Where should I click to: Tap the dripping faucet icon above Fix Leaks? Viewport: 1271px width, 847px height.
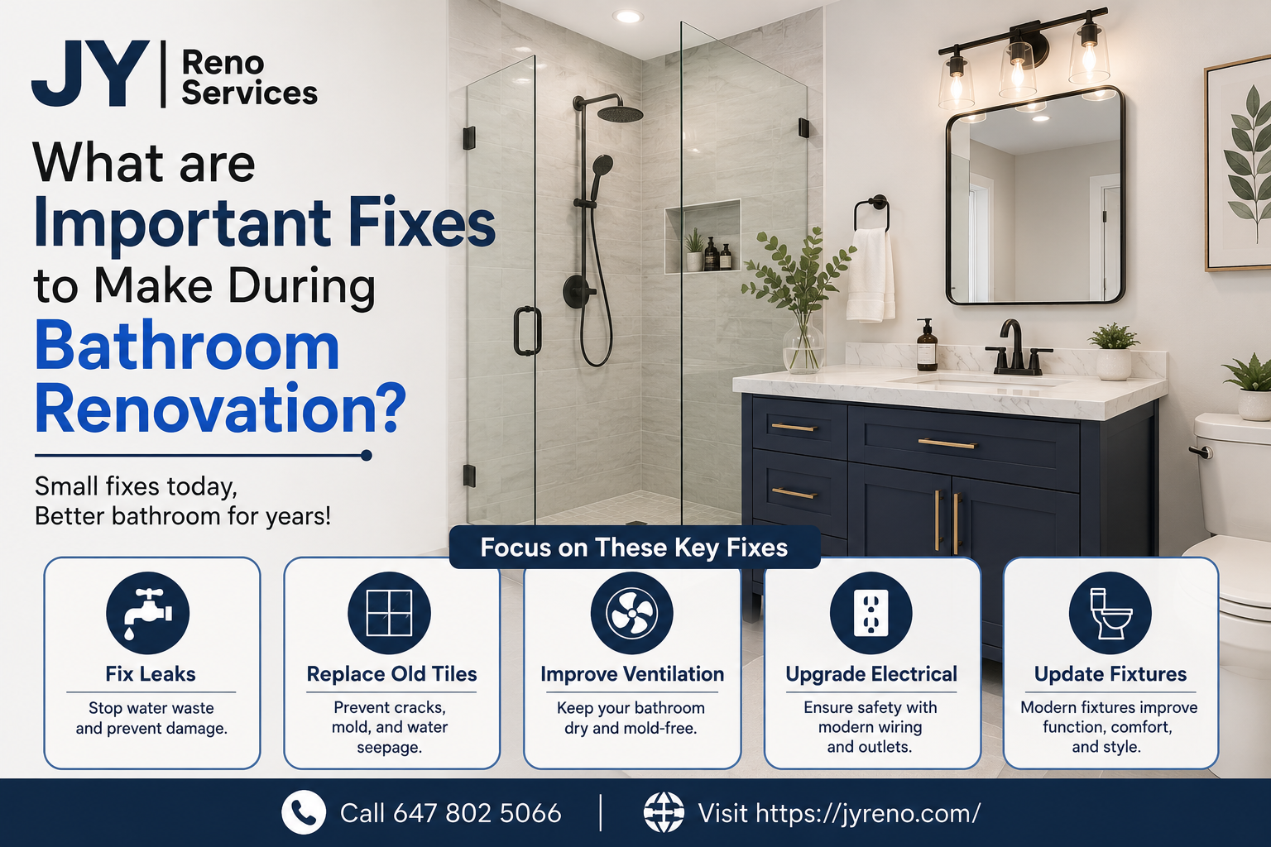tap(147, 613)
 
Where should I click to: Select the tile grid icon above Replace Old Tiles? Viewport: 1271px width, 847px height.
tap(389, 613)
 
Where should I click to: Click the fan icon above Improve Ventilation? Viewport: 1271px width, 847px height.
tap(631, 613)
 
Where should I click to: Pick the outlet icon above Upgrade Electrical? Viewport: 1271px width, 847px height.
tap(871, 613)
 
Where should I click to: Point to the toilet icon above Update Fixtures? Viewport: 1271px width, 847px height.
tap(1110, 613)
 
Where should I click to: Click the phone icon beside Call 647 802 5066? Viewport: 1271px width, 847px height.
tap(304, 812)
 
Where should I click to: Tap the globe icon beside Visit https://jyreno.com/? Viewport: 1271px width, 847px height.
tap(664, 812)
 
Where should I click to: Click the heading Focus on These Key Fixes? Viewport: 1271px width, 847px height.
tap(634, 548)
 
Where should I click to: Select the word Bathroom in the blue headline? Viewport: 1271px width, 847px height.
tap(187, 346)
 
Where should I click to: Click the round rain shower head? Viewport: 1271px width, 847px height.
tap(620, 113)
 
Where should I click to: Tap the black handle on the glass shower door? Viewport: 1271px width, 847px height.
tap(527, 331)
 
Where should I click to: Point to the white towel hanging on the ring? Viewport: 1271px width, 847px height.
tap(871, 275)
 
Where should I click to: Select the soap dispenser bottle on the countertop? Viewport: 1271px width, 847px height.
tap(927, 345)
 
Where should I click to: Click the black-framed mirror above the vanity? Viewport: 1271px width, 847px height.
tap(1035, 196)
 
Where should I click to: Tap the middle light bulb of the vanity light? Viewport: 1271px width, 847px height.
tap(1018, 71)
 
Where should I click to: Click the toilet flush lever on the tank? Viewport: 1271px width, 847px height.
tap(1201, 452)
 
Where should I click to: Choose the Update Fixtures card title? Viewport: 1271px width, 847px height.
tap(1110, 674)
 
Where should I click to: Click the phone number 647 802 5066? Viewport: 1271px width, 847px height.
tap(477, 813)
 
